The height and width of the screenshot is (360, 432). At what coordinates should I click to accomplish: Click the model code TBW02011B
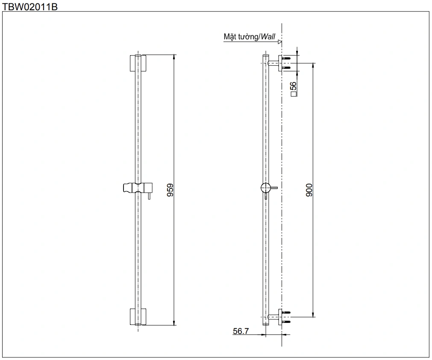[30, 6]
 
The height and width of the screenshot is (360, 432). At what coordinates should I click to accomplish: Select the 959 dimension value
[170, 190]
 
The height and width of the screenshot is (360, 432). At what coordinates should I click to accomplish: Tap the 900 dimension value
[309, 190]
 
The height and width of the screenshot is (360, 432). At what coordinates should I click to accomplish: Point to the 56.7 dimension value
[241, 331]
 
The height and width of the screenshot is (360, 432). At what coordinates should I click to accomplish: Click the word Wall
[268, 37]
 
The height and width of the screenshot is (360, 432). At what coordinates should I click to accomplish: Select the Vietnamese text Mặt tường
[241, 37]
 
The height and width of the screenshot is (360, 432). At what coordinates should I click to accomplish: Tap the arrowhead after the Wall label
[279, 42]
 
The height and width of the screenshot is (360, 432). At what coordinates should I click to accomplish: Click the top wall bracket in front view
[138, 63]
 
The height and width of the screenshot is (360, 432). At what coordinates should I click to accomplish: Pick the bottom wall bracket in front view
[138, 316]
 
